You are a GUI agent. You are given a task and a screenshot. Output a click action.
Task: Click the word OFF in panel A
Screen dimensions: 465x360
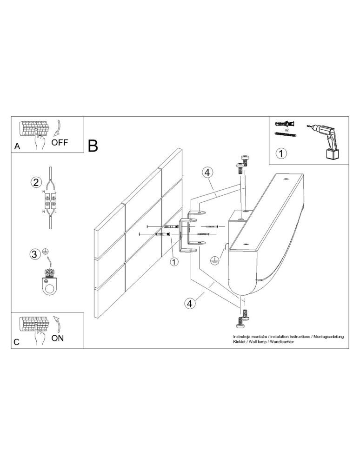[60, 142]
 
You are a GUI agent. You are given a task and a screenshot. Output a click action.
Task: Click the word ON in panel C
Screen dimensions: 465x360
[58, 338]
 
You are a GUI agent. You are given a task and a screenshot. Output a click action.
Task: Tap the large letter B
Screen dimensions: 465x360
[93, 146]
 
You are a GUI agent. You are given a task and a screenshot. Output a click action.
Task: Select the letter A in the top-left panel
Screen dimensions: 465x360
[17, 146]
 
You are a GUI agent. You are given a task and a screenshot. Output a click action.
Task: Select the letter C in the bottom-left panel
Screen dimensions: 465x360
[17, 342]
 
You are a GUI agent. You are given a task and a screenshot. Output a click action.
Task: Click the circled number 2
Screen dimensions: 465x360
[36, 182]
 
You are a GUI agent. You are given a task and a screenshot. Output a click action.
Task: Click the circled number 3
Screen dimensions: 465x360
[34, 254]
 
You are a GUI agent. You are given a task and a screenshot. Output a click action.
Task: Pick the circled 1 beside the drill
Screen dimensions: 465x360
[281, 153]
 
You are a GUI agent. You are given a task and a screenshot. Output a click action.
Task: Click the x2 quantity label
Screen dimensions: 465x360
[287, 131]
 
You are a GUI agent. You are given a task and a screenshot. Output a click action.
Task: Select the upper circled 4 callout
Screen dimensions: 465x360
[207, 172]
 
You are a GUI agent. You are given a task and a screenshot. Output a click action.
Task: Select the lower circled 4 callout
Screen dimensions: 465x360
[189, 303]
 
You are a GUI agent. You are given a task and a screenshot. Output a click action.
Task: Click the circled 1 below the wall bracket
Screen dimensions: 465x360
[174, 262]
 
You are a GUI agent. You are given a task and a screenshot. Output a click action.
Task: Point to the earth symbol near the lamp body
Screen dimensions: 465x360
[214, 261]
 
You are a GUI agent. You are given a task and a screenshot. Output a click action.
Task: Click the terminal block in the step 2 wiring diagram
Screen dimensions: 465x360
[50, 203]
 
